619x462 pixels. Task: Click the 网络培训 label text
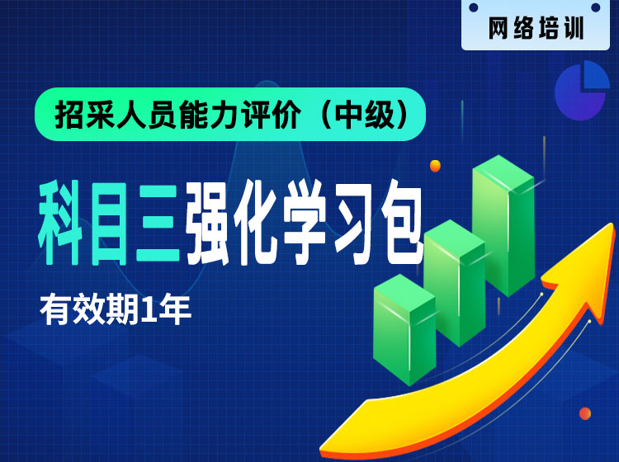pos(536,28)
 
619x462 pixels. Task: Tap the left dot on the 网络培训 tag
pos(474,7)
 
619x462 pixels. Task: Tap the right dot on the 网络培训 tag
pos(596,7)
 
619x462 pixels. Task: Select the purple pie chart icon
pos(582,91)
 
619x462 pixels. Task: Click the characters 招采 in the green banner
pos(85,115)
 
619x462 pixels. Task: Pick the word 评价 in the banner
pos(272,115)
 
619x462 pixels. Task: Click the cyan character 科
pos(60,222)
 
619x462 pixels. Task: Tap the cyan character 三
pos(157,223)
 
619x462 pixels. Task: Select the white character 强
pos(207,223)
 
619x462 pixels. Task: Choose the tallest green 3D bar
pos(503,225)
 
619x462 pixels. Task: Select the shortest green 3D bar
pos(404,329)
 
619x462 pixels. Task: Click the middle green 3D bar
pos(455,282)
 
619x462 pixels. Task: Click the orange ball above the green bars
pos(435,166)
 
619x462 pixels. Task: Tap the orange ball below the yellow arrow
pos(584,413)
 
